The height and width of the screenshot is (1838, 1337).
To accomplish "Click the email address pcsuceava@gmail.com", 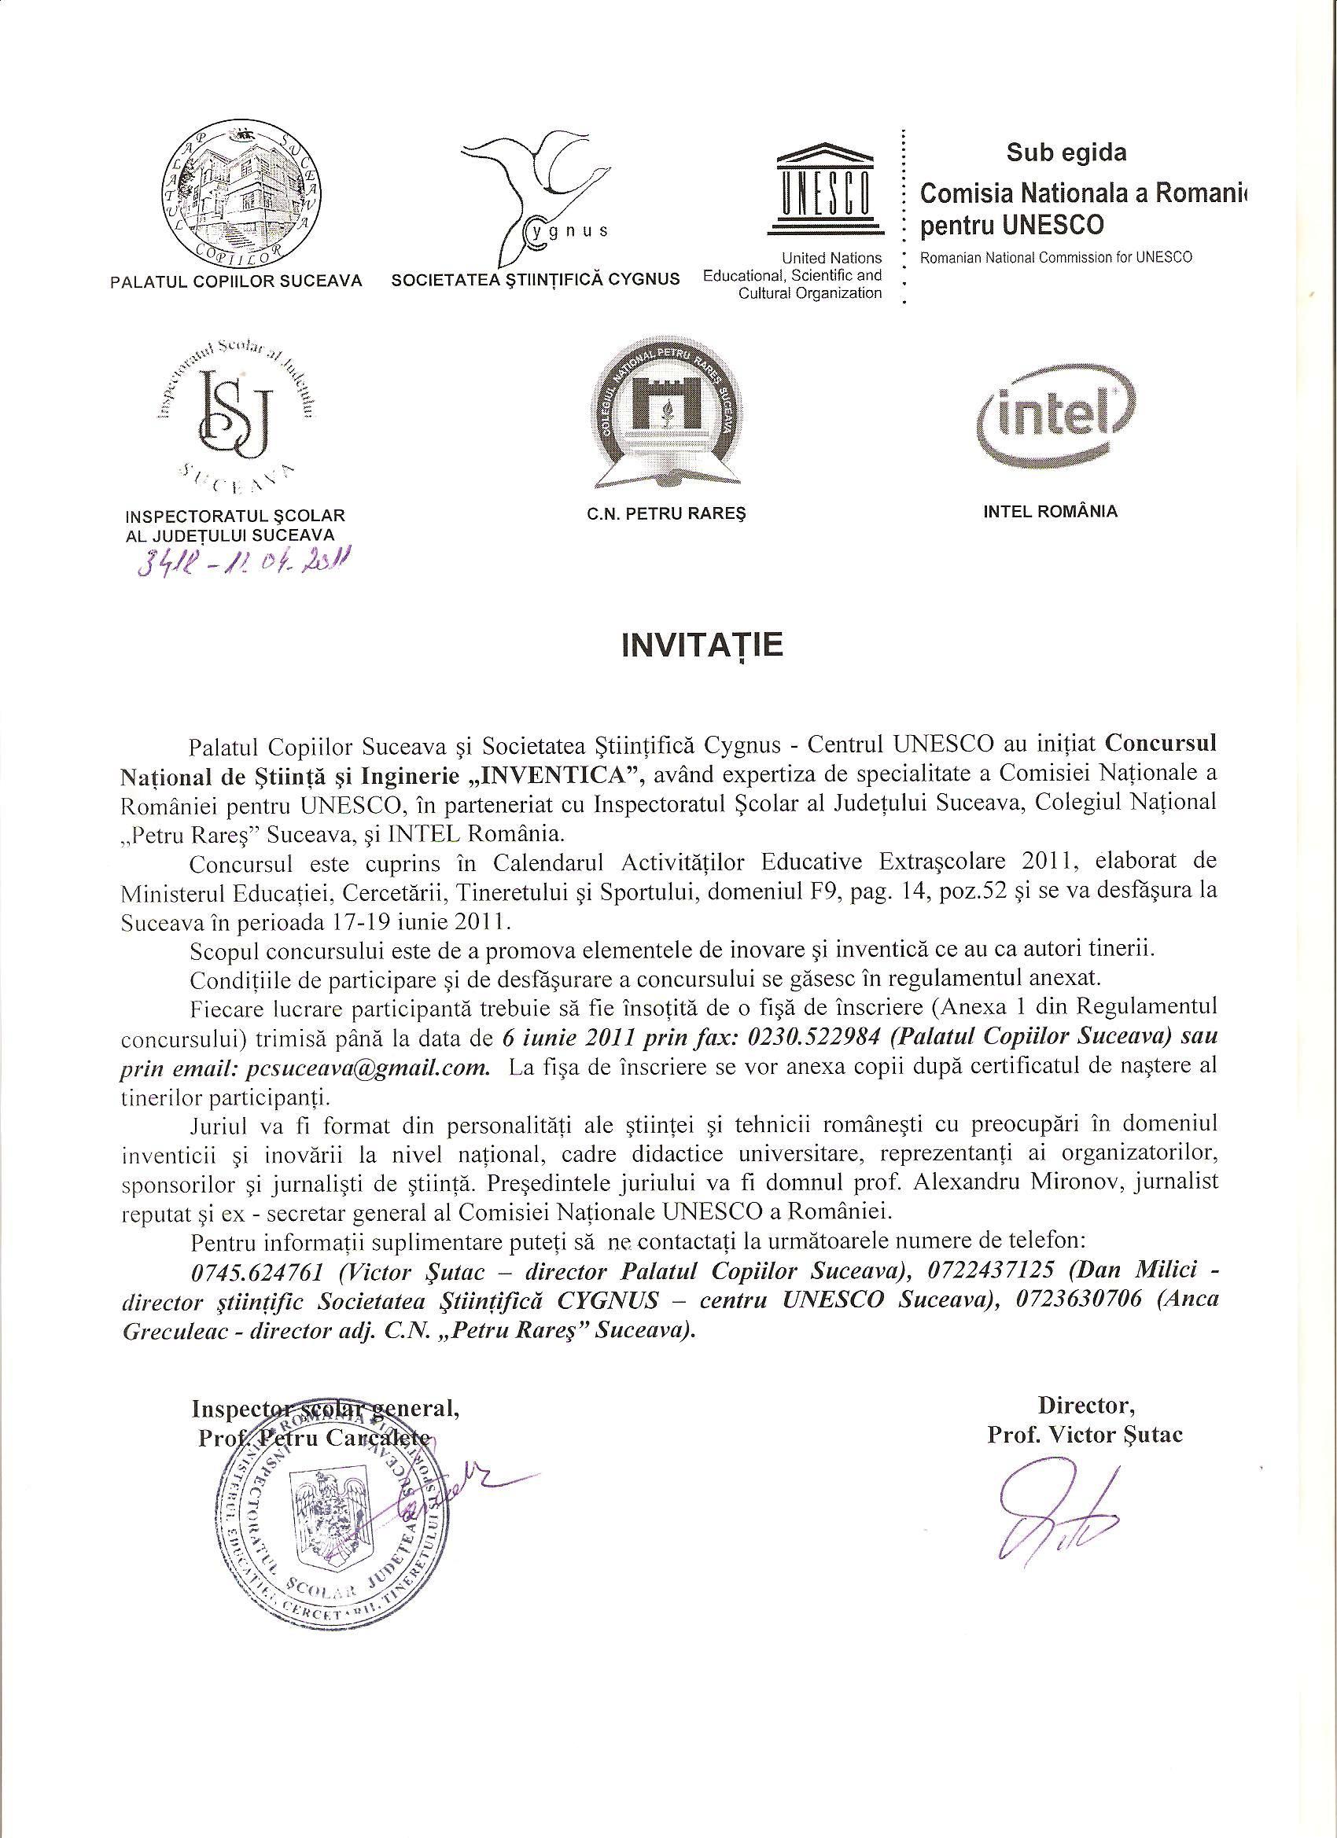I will coord(365,1068).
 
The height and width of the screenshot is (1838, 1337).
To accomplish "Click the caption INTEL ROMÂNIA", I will coord(1049,511).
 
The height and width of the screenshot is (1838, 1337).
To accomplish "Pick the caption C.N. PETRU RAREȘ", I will coord(667,515).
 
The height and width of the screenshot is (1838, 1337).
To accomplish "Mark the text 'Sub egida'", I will coord(1066,152).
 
